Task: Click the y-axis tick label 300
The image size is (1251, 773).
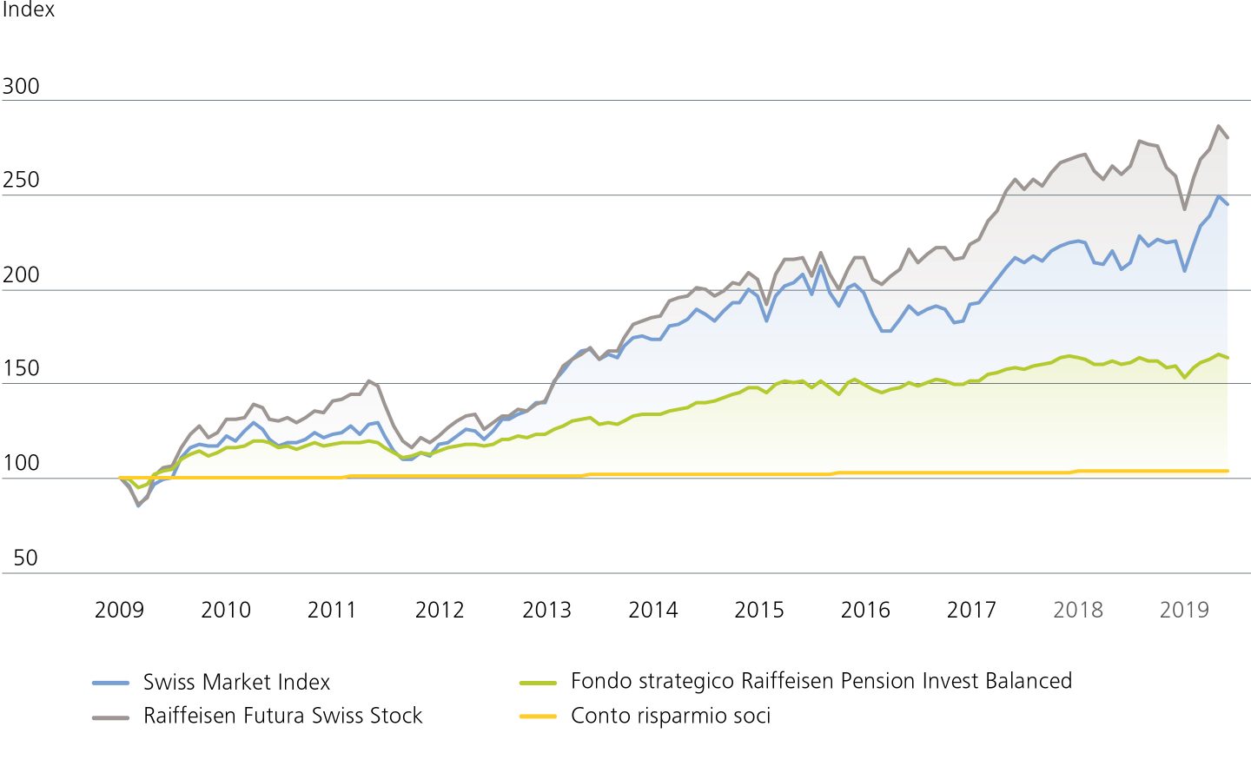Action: (21, 86)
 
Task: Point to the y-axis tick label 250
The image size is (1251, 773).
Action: (21, 180)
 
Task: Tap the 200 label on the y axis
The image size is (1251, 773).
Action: (21, 274)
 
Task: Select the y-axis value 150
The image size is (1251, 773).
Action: (21, 368)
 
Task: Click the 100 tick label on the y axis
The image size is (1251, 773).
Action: (21, 463)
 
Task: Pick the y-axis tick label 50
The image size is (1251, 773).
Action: (25, 558)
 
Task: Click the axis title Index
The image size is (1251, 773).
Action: (28, 10)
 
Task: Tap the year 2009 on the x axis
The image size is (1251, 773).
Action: (119, 610)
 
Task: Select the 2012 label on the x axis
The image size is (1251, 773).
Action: (440, 610)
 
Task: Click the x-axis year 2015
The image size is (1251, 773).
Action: (759, 610)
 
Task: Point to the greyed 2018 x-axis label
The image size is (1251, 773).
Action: (1078, 610)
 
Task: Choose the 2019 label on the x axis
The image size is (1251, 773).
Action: (1184, 610)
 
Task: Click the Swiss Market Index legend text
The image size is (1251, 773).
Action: (236, 682)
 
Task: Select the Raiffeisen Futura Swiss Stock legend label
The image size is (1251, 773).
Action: (282, 716)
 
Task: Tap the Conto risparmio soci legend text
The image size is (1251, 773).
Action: (671, 716)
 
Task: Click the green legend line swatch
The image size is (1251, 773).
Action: (538, 683)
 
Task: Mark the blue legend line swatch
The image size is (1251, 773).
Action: (110, 683)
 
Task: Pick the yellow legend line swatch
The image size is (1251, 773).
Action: (538, 717)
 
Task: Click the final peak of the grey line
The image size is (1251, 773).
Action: (1219, 126)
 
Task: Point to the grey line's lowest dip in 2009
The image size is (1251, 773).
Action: (137, 505)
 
